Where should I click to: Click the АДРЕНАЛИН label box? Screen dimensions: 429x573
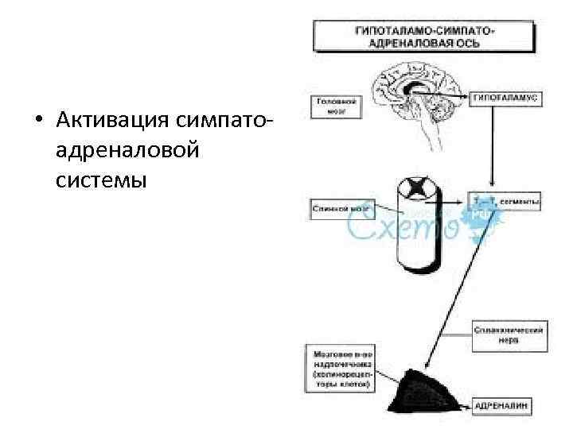[506, 407]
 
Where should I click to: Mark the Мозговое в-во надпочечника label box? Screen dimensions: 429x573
[339, 367]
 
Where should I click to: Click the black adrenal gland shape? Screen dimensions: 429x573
[426, 390]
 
